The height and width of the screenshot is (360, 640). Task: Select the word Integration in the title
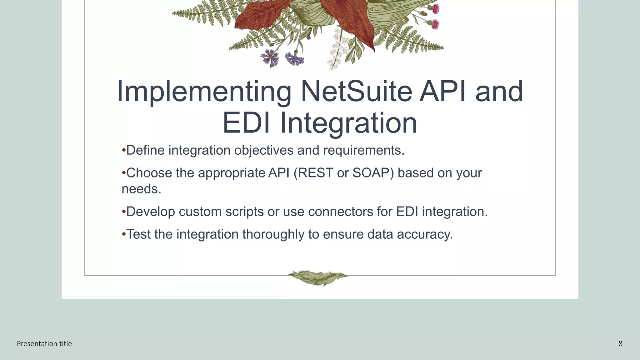(348, 123)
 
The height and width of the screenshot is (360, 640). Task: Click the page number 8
(620, 344)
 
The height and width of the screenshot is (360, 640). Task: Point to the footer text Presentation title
(44, 344)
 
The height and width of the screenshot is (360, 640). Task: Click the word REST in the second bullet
(316, 173)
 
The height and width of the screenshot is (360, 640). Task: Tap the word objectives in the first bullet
(264, 151)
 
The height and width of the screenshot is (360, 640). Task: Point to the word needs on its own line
(141, 189)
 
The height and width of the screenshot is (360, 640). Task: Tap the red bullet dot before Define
(124, 150)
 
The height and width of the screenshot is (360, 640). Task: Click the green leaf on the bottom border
(317, 277)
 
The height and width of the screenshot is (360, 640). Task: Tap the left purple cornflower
(270, 58)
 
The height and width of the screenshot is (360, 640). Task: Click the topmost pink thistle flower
(436, 9)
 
